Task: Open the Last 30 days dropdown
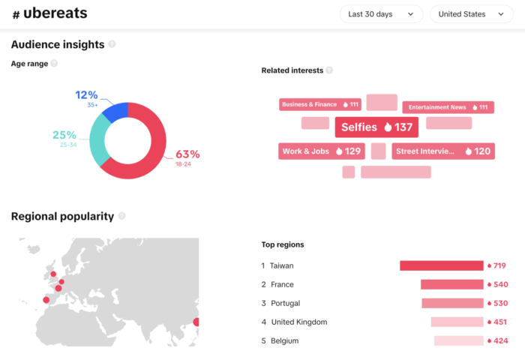click(381, 14)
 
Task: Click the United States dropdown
click(471, 14)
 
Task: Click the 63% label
click(187, 154)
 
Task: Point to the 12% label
click(86, 95)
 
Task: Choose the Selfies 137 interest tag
click(376, 127)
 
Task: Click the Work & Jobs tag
click(322, 151)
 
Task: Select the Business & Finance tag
click(319, 105)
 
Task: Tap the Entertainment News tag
click(448, 107)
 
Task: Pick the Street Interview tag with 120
click(442, 151)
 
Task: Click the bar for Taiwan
click(441, 265)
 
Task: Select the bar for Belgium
click(458, 340)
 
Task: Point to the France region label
click(282, 284)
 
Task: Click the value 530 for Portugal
click(500, 303)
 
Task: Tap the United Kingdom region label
click(299, 322)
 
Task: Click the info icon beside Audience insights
click(112, 44)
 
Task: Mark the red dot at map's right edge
click(196, 322)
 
